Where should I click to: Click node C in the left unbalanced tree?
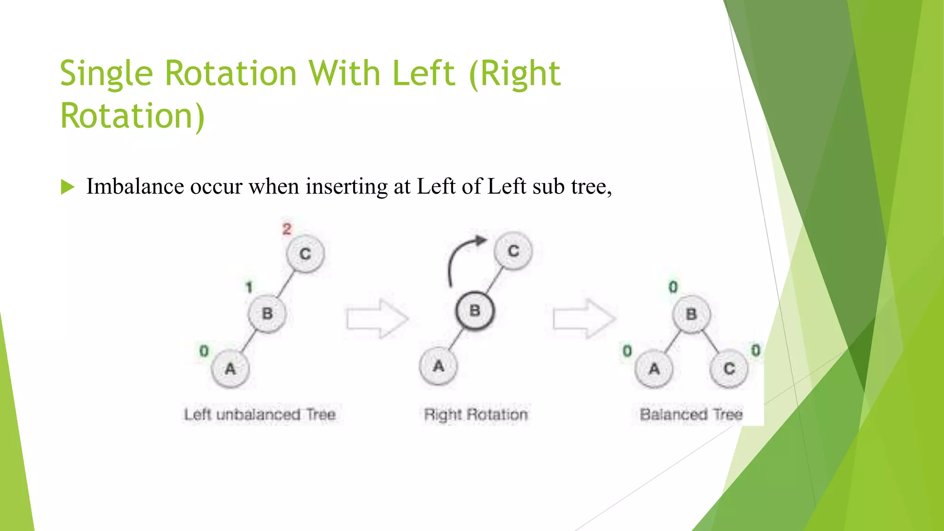305,254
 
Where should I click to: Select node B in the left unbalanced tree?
267,314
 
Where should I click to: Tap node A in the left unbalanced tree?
230,369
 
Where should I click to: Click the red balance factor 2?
287,229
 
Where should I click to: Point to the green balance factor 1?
249,287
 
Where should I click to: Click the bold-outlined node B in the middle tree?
475,311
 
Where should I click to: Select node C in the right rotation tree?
513,251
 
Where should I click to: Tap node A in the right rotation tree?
438,366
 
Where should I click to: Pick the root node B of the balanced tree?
691,314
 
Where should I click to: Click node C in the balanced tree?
729,369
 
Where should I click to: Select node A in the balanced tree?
654,369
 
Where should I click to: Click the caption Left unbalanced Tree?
260,414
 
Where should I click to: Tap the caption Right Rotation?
476,414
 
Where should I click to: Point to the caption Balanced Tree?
691,414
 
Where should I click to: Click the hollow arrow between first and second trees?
377,319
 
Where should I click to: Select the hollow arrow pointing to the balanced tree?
584,319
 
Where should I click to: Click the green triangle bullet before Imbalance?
67,187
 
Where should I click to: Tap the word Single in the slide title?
106,74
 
